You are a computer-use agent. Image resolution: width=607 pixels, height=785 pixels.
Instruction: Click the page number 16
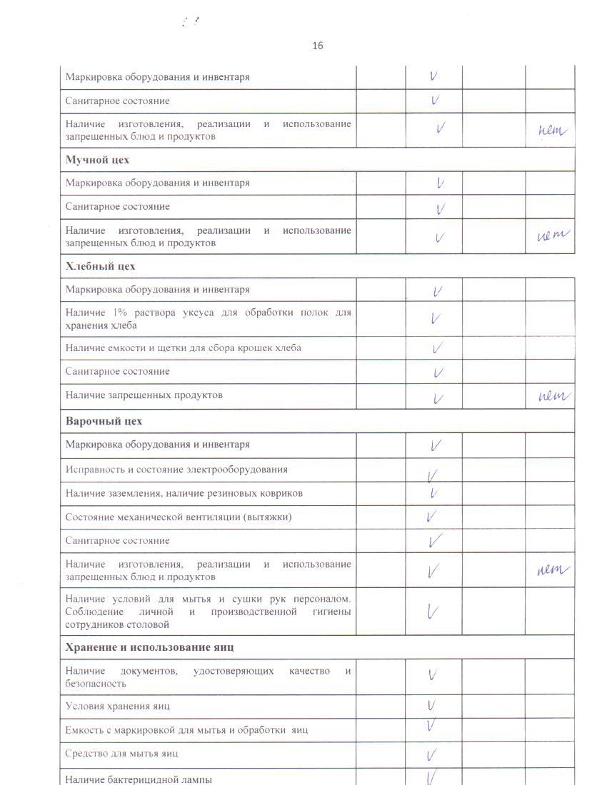point(317,46)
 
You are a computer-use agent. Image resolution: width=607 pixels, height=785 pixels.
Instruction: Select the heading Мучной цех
point(97,160)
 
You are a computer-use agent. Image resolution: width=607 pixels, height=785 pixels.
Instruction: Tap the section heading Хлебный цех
point(100,266)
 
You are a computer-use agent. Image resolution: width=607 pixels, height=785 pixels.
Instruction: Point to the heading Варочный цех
point(104,421)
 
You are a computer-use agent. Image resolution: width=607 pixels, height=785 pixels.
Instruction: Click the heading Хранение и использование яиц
point(150,647)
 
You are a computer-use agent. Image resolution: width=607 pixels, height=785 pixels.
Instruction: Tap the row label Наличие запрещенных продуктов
point(144,395)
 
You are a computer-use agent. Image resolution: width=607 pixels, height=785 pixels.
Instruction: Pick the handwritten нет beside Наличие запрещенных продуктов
point(554,397)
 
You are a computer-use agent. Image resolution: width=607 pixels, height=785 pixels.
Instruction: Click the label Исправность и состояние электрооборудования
point(176,470)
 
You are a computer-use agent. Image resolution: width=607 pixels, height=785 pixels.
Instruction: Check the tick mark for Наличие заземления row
point(433,493)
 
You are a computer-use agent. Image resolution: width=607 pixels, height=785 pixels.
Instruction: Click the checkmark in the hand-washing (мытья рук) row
point(432,611)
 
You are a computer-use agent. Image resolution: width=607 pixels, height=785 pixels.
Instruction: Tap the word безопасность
point(96,684)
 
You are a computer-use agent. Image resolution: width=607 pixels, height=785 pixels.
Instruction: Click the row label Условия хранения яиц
point(117,706)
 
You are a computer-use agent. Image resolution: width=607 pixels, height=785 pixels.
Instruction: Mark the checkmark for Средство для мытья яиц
point(431,754)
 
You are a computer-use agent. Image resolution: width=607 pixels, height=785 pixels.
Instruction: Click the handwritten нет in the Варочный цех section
point(553,569)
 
